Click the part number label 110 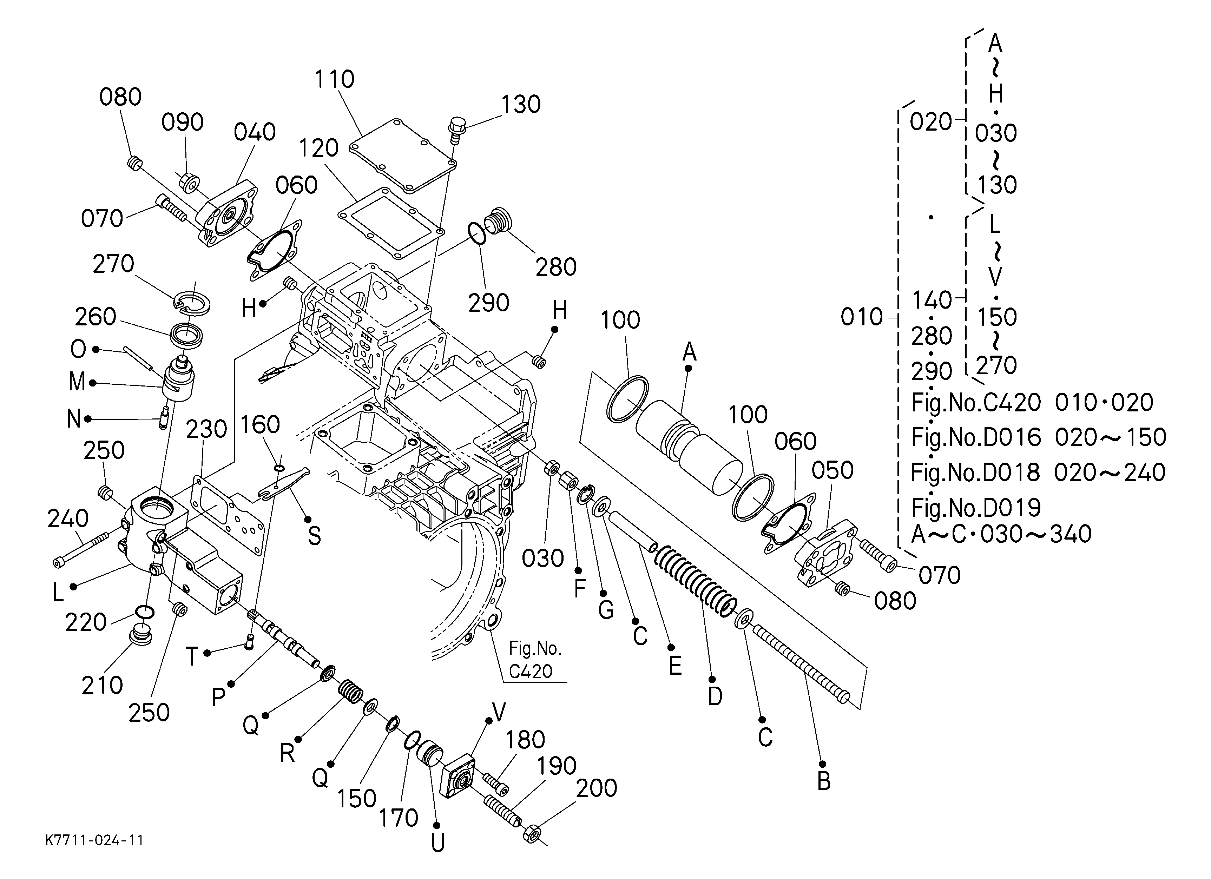[x=334, y=80]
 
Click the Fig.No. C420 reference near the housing [x=534, y=660]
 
